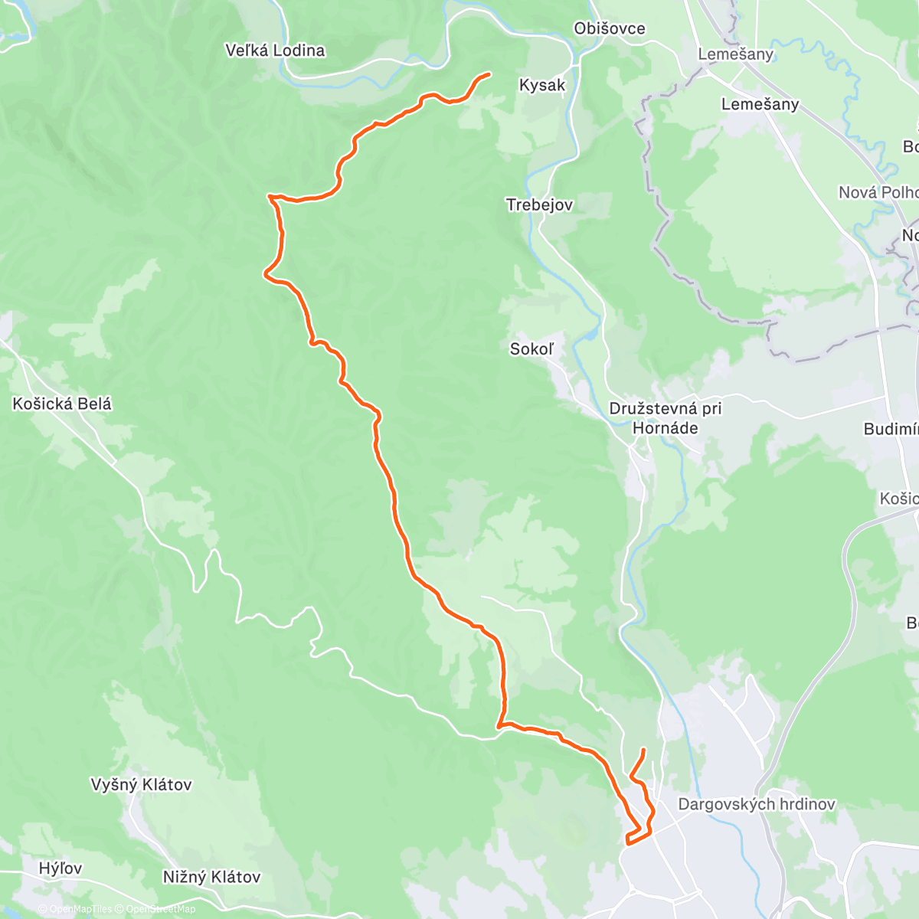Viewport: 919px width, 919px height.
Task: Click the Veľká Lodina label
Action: [275, 51]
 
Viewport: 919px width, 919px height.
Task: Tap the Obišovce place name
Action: [610, 28]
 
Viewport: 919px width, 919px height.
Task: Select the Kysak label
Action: [542, 85]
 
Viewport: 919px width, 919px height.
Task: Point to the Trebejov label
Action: [539, 204]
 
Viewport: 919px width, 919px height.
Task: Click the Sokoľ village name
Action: [531, 348]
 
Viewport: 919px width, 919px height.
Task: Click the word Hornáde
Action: [665, 428]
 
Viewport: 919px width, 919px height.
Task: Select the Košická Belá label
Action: [62, 404]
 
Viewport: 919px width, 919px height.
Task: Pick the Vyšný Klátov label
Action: [141, 784]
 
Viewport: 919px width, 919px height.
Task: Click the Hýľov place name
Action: [61, 868]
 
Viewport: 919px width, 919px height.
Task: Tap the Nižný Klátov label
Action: [211, 877]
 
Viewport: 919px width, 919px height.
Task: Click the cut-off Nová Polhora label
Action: [878, 192]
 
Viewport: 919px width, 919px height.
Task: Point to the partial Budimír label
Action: [891, 429]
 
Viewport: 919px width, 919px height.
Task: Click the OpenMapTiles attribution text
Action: [81, 909]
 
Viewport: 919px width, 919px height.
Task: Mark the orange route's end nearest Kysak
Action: [489, 74]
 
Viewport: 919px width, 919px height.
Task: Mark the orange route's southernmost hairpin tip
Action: [627, 842]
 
